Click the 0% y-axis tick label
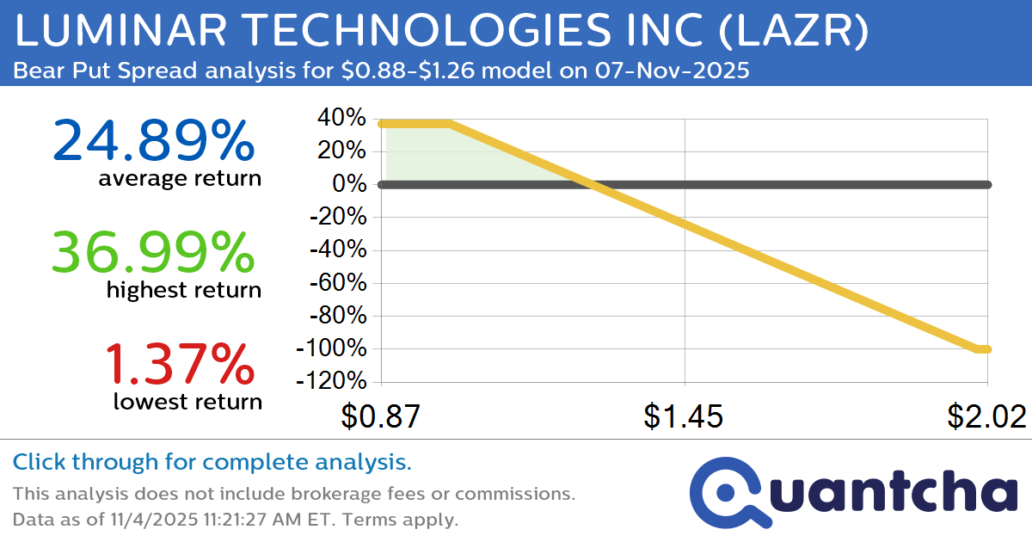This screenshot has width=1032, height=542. [x=351, y=184]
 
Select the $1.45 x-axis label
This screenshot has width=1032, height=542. [x=684, y=417]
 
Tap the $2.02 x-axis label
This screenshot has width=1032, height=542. [x=987, y=417]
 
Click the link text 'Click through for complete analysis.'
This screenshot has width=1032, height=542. [x=212, y=463]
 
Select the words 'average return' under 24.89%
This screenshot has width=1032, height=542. [x=179, y=179]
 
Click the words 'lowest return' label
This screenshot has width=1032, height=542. [x=187, y=401]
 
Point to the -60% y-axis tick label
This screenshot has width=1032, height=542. [x=337, y=283]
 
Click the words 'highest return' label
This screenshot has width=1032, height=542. [x=183, y=290]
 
